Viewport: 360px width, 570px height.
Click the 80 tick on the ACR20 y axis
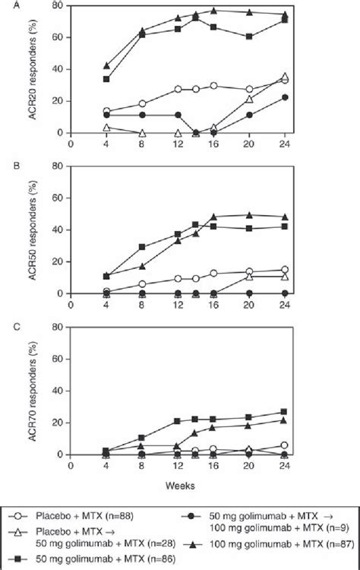tap(58, 6)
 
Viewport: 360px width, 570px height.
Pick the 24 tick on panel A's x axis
tap(285, 143)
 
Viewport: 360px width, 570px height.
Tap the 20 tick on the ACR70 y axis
tap(58, 423)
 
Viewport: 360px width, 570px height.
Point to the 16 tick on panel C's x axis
tap(213, 465)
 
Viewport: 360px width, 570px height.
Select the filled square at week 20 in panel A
tap(249, 36)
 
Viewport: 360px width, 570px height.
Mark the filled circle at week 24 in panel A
tap(285, 97)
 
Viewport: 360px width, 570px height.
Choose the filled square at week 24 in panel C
tap(285, 412)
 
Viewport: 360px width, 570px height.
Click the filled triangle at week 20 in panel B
tap(249, 214)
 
